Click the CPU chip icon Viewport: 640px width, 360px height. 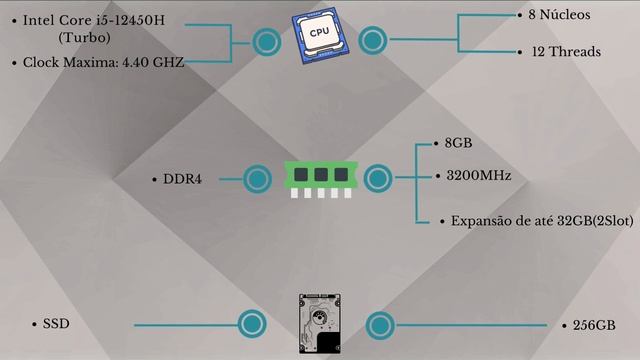320,36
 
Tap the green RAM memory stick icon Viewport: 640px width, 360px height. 321,179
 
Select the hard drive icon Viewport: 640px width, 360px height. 320,323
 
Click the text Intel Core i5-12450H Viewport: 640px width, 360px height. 94,20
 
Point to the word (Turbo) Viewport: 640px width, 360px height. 84,38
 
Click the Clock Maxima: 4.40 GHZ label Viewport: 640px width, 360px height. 103,62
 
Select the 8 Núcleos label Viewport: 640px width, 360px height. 559,15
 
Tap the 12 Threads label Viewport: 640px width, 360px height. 566,52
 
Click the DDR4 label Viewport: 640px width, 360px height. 182,179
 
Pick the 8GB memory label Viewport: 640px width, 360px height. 458,143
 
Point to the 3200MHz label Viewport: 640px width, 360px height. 479,176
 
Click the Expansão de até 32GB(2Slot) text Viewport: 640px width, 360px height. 542,221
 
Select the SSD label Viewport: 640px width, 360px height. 56,324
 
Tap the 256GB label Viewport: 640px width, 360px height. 594,325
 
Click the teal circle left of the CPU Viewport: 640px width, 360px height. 267,42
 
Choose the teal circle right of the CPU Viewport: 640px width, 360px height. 373,40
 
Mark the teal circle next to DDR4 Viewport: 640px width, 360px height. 258,179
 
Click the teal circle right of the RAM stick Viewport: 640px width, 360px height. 378,178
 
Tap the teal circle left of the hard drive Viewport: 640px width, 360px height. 252,324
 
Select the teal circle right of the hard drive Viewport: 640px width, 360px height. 380,326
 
